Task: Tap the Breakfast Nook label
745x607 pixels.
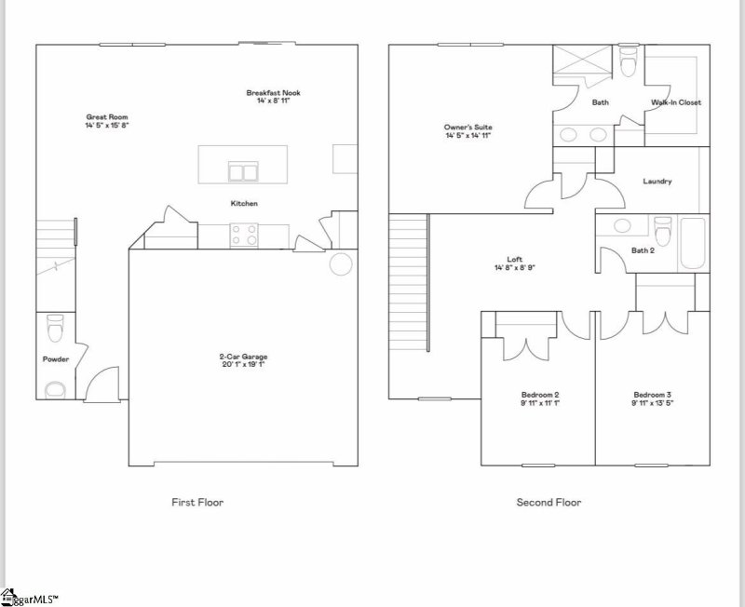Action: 273,92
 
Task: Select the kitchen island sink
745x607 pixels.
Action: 244,172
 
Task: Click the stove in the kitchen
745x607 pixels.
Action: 244,235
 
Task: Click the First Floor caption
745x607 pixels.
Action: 197,503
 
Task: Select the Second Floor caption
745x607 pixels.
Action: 549,503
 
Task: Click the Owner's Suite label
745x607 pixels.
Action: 467,127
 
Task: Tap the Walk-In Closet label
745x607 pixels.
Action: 676,102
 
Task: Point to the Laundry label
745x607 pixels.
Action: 657,182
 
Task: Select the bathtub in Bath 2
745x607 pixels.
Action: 693,242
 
